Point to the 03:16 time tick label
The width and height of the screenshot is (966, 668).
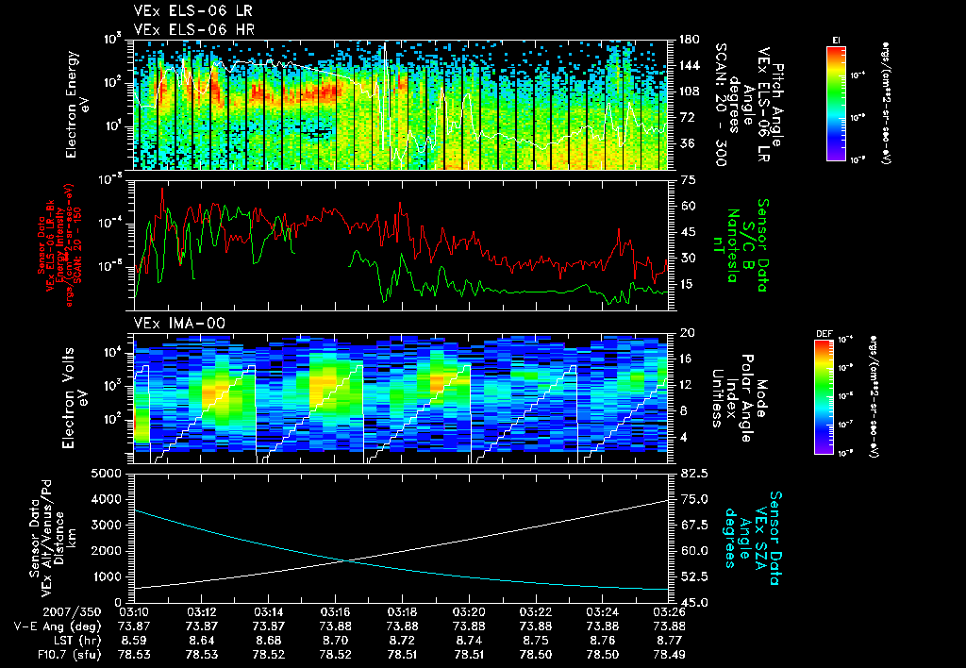tap(337, 610)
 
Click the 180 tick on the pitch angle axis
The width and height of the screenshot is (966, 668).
tap(686, 40)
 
